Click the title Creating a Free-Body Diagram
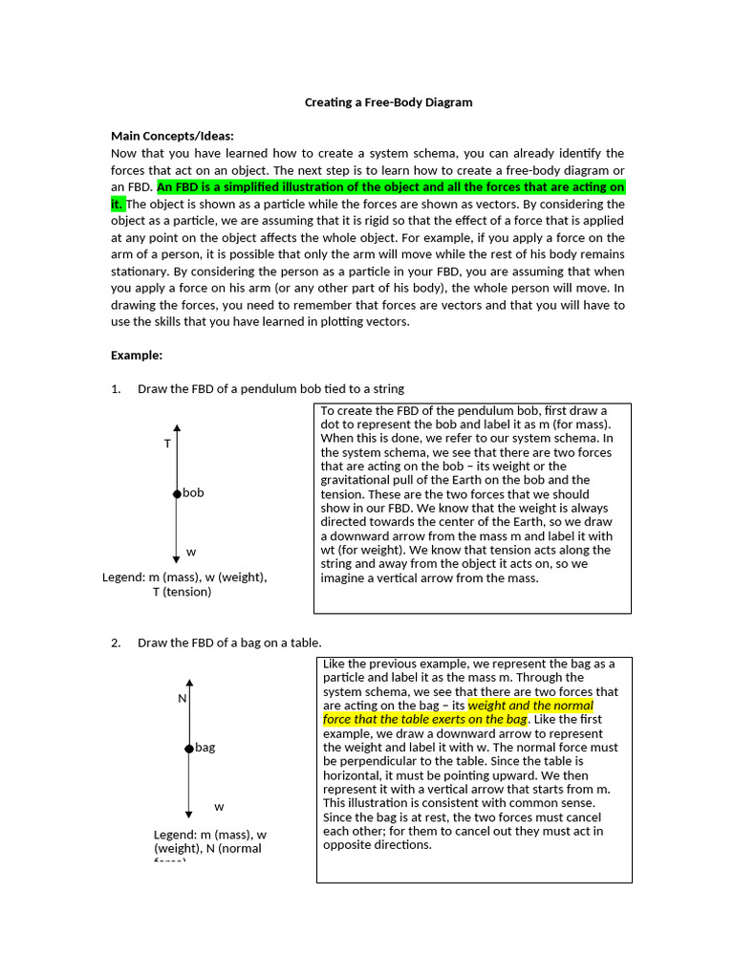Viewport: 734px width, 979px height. (x=388, y=101)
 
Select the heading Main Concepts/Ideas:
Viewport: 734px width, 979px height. (x=172, y=136)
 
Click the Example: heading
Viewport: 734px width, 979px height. (x=137, y=355)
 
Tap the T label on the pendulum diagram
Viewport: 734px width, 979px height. (x=167, y=444)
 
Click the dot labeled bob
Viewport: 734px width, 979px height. (x=177, y=493)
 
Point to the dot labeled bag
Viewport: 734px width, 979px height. (x=189, y=748)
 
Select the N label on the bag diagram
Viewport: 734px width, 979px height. (x=181, y=698)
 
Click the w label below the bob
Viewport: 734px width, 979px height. (x=191, y=553)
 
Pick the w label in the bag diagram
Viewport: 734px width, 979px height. (x=219, y=807)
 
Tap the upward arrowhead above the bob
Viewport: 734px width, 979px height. (x=177, y=428)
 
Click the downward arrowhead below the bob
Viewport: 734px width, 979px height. (x=177, y=559)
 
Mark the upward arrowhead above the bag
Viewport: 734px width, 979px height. (x=189, y=683)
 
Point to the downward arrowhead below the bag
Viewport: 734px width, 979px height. (x=189, y=813)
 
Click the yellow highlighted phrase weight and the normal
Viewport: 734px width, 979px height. (x=530, y=706)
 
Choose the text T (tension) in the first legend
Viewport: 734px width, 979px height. (x=182, y=592)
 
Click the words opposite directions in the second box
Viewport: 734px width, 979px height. (x=378, y=845)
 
